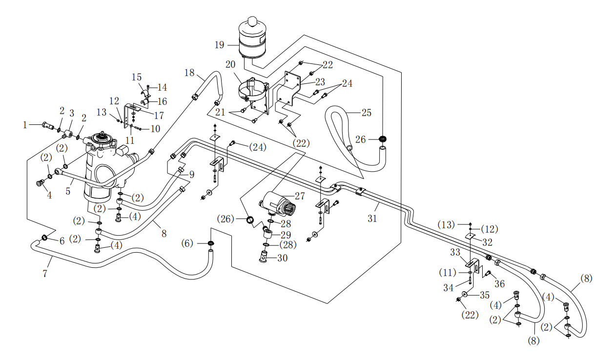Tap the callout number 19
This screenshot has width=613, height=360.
(x=220, y=45)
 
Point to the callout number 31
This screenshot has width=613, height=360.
(x=372, y=219)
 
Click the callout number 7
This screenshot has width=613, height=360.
(x=45, y=274)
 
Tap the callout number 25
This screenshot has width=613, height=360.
(x=367, y=113)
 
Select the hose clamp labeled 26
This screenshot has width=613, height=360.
(x=383, y=139)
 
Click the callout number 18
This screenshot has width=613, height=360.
(x=189, y=73)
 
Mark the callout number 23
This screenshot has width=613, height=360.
(x=320, y=82)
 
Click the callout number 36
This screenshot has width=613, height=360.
(x=499, y=284)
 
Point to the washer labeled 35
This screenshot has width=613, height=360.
(x=465, y=294)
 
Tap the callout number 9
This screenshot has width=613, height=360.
(x=192, y=175)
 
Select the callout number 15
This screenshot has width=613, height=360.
(x=137, y=77)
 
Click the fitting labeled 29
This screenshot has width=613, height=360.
(x=267, y=234)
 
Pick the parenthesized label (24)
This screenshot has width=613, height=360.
(x=258, y=147)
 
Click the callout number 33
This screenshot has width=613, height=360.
(x=455, y=252)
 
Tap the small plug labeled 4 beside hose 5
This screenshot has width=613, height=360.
(x=40, y=183)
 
